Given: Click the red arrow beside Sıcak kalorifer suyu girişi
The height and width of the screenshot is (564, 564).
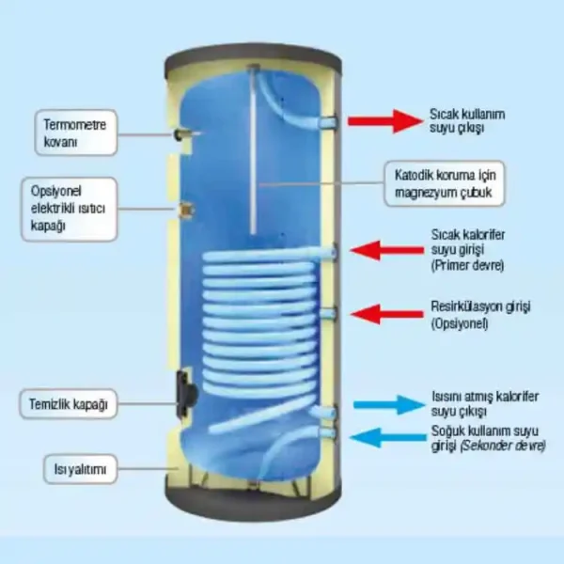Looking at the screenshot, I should tap(384, 249).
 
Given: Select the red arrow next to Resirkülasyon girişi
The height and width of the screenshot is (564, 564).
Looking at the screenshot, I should tap(384, 313).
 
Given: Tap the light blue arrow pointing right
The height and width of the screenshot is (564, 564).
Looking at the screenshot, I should tap(386, 405).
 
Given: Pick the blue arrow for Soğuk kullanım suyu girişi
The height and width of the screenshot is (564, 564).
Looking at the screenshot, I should tap(384, 436).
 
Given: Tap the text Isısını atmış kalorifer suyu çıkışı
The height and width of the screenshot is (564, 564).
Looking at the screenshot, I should tap(474, 404).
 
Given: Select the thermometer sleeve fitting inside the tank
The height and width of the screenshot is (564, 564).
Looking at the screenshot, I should tap(180, 138).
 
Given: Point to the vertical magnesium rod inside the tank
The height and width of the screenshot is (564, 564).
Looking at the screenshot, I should tap(254, 150).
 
